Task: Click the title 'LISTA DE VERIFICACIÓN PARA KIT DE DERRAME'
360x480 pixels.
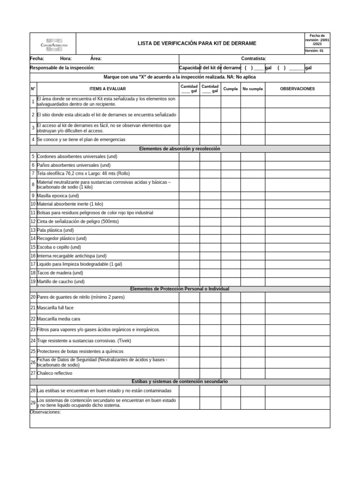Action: [196, 44]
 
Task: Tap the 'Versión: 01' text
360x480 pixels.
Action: [314, 51]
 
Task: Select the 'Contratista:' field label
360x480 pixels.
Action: [254, 59]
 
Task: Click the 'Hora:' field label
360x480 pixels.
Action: [66, 59]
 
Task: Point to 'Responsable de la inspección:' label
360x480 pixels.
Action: [62, 68]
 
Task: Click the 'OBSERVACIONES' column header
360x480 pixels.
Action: [297, 89]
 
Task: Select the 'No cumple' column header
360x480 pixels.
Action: [253, 89]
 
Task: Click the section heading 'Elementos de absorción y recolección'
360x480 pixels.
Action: [180, 149]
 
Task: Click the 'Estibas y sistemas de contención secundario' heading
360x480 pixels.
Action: [180, 382]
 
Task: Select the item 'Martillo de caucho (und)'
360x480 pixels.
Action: [60, 282]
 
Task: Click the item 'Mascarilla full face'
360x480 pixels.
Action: [55, 307]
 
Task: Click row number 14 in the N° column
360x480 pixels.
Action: [33, 239]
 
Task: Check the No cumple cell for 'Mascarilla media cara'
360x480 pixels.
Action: [253, 319]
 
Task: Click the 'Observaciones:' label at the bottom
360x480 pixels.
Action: [45, 412]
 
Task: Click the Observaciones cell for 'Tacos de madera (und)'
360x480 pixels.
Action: [297, 273]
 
